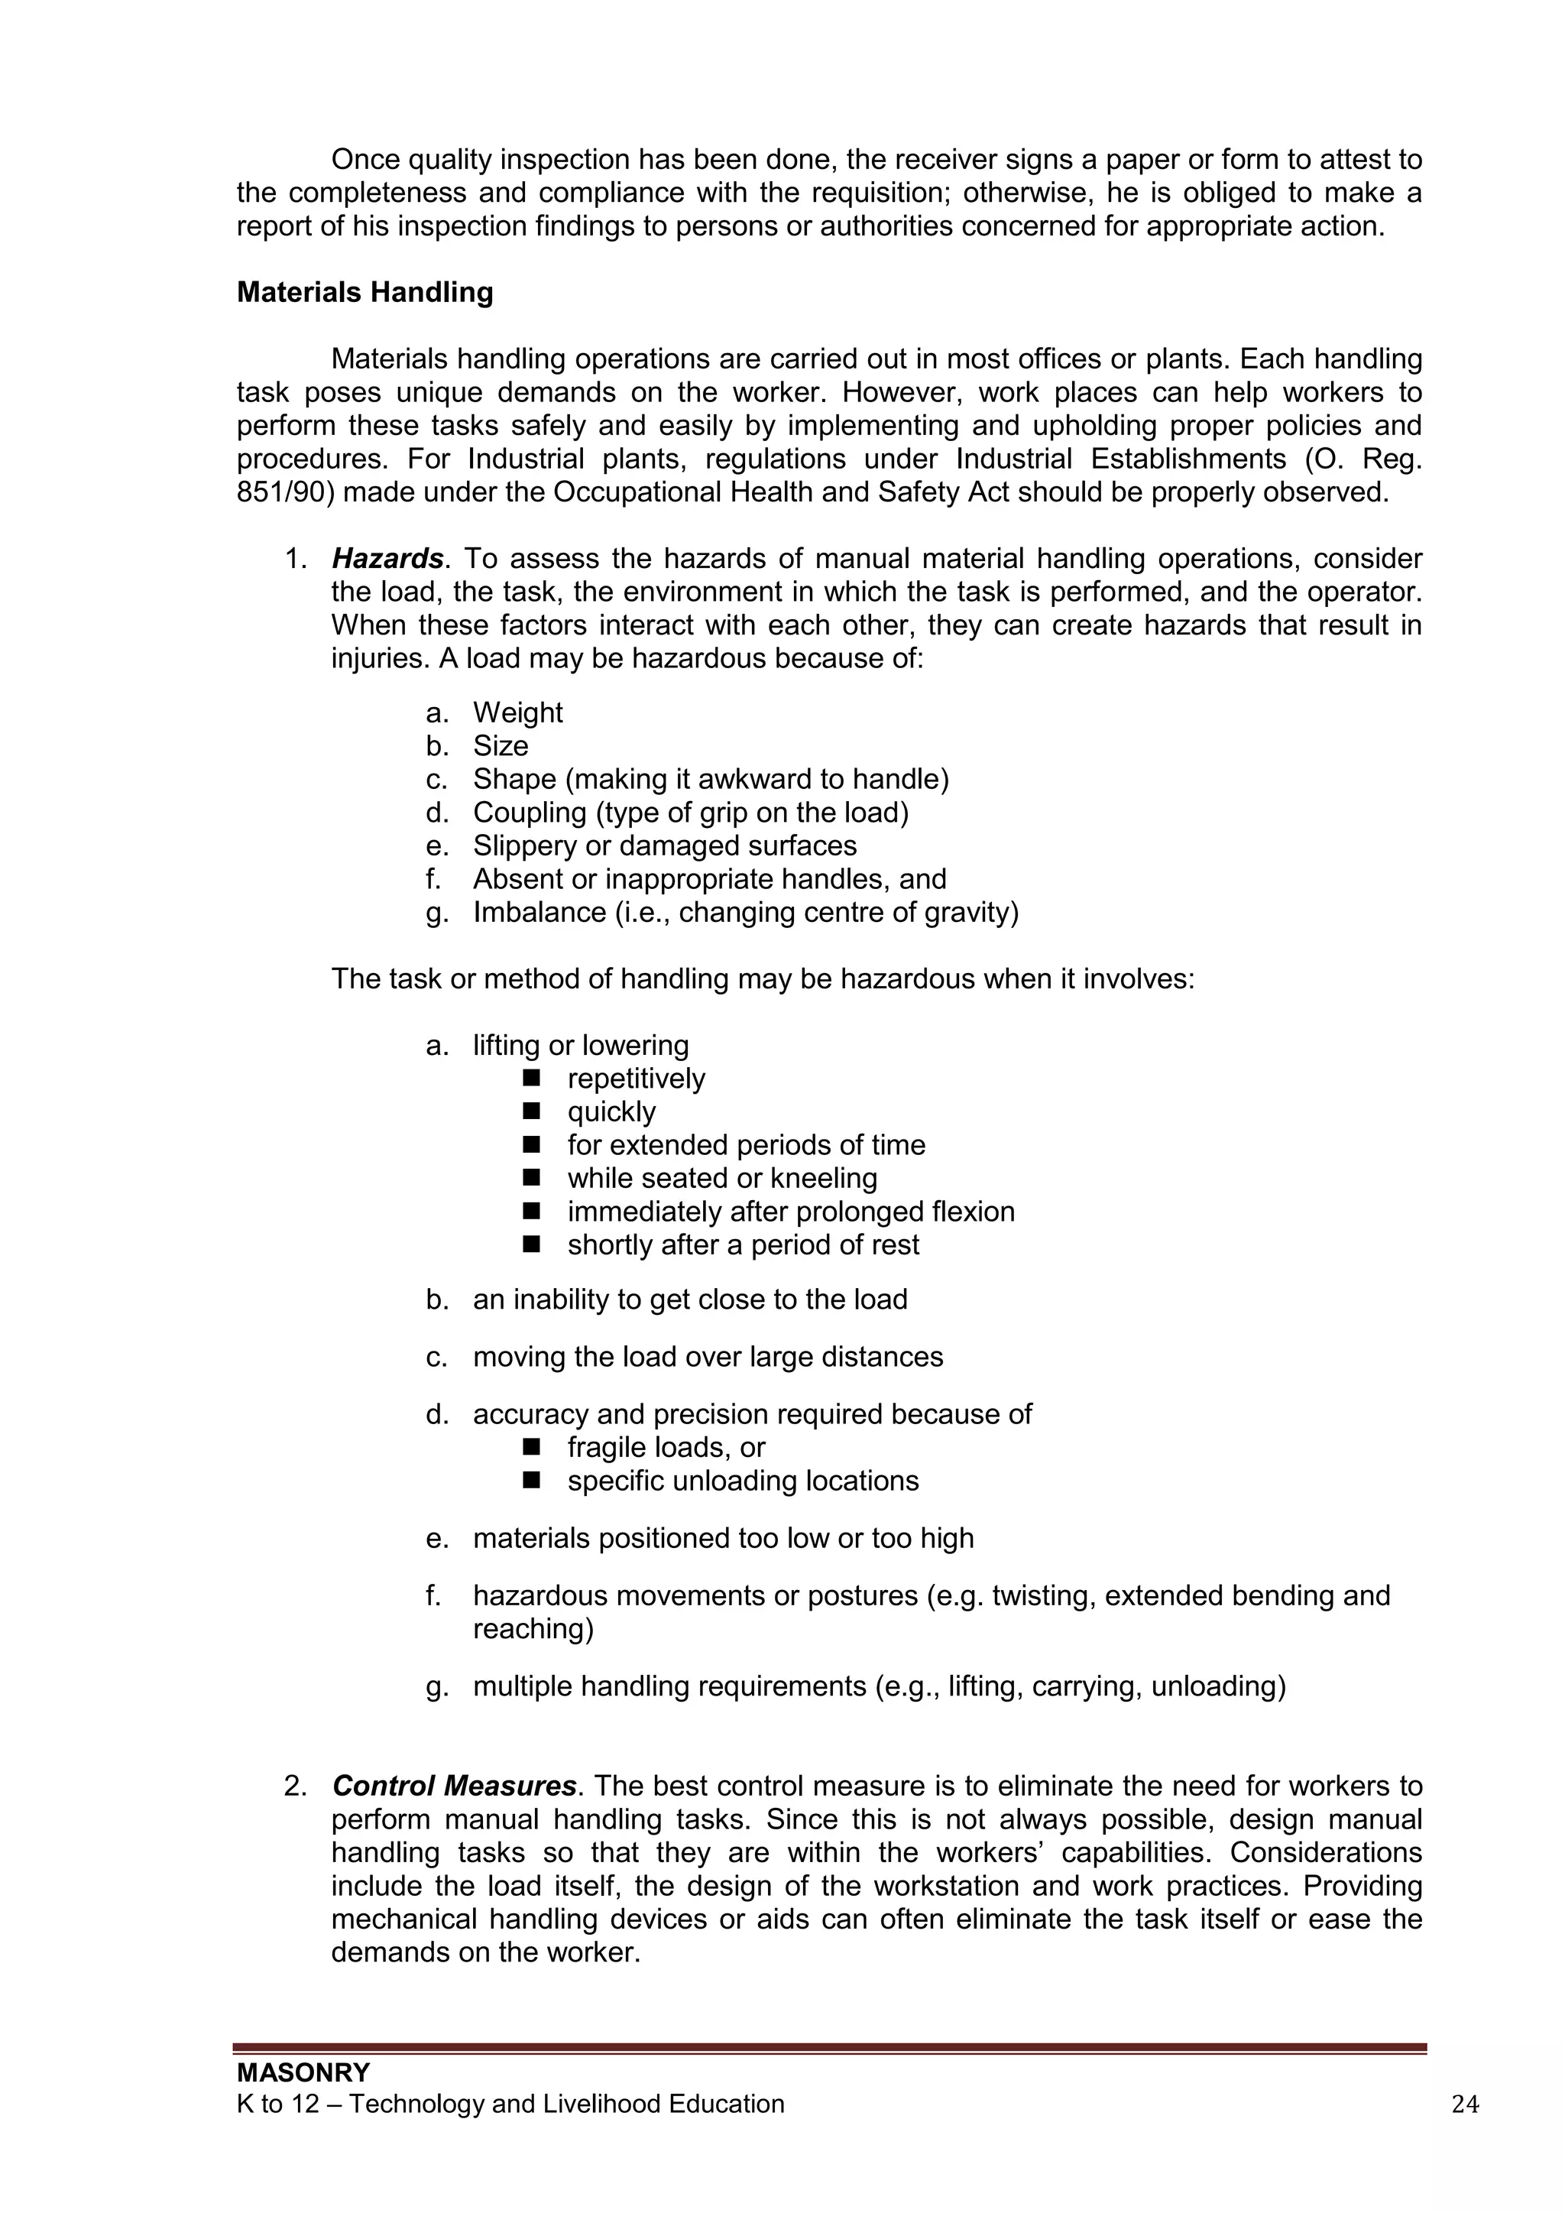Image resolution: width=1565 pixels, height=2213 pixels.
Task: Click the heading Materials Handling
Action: click(365, 292)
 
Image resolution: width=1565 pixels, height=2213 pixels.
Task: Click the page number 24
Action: click(1464, 2104)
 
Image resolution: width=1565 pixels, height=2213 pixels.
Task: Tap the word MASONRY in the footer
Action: click(303, 2072)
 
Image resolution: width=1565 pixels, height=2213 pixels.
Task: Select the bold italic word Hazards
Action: click(387, 559)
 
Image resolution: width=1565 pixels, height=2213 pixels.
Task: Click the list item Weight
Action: click(517, 713)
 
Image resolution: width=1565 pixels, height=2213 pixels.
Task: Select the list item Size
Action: click(501, 746)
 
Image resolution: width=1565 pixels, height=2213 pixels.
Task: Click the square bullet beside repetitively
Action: click(531, 1078)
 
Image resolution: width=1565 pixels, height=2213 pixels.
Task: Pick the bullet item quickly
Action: click(611, 1112)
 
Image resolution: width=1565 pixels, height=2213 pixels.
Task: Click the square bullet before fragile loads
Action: click(531, 1447)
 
